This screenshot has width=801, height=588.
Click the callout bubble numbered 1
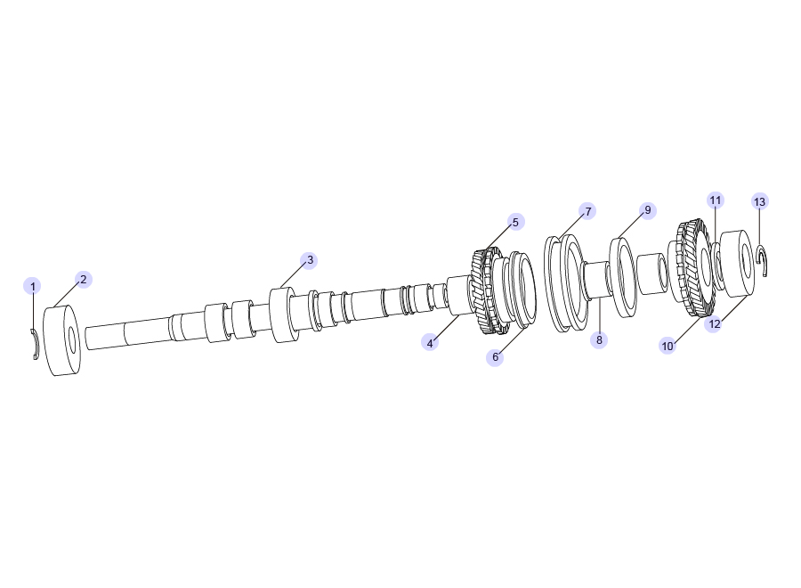point(32,286)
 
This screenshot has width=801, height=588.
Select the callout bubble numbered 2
point(84,279)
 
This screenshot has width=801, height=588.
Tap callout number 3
point(309,260)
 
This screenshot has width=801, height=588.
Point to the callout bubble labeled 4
point(430,343)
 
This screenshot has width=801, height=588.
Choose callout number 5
point(515,222)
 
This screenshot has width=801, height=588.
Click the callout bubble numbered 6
point(495,357)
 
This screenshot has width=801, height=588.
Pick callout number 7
point(587,211)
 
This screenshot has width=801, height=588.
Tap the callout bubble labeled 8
point(599,339)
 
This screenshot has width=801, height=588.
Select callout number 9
point(647,210)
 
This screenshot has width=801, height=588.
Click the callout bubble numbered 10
point(667,347)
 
